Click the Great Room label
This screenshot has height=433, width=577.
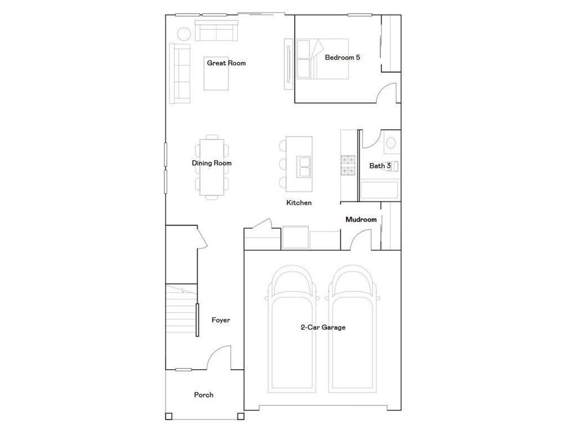(x=226, y=63)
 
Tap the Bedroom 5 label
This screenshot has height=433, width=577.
(x=342, y=58)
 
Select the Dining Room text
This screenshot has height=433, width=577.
(x=211, y=164)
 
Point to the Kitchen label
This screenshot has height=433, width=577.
(x=299, y=203)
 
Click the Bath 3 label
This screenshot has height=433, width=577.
(x=380, y=166)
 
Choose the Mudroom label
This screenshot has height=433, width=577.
(x=361, y=219)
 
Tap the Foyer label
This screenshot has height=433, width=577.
(x=220, y=320)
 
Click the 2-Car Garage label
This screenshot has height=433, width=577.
(x=323, y=327)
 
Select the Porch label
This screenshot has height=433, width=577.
(x=203, y=395)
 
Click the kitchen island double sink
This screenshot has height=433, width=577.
(x=304, y=167)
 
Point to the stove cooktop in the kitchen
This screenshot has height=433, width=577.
(x=348, y=165)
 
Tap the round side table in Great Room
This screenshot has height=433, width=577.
(x=184, y=33)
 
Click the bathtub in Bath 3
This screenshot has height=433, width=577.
(x=379, y=191)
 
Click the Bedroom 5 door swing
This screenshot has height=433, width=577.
(x=387, y=93)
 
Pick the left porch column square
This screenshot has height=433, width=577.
(x=168, y=417)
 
